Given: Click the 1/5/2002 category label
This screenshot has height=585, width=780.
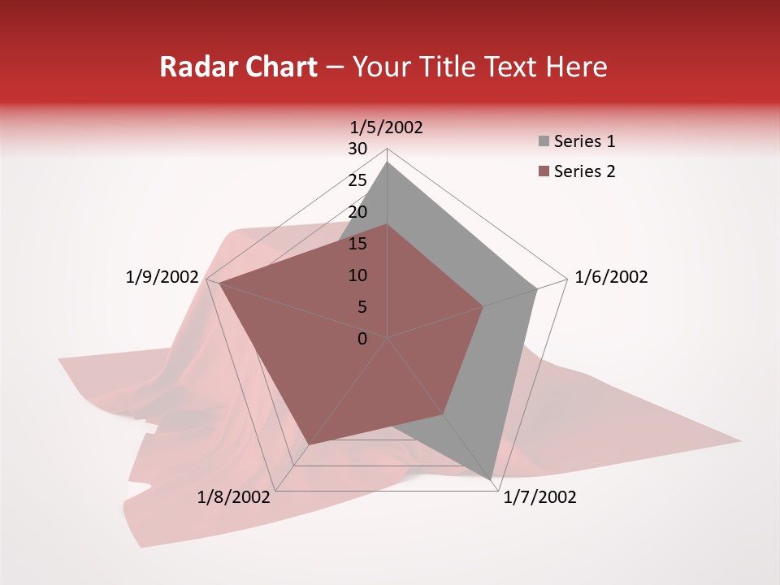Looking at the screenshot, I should click(387, 127).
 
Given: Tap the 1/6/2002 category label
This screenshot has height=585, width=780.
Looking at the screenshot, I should click(611, 277).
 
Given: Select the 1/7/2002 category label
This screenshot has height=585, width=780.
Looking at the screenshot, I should click(539, 497).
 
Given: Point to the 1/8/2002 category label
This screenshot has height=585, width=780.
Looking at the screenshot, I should click(234, 497).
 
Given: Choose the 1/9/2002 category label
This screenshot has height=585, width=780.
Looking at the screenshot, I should click(162, 277).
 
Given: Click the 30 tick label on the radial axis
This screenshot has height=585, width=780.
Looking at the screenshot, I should click(357, 149).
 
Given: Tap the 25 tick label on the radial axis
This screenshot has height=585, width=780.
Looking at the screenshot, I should click(357, 180).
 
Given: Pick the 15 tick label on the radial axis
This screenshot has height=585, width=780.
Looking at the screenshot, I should click(357, 244).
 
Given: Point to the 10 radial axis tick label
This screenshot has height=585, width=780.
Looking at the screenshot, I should click(357, 275).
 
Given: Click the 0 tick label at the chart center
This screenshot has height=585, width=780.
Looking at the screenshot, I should click(362, 339).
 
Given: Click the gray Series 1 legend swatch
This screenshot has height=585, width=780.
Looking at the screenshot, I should click(544, 142).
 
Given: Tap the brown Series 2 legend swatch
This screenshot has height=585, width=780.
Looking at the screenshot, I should click(544, 171).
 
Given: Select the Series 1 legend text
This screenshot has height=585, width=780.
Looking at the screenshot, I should click(584, 141).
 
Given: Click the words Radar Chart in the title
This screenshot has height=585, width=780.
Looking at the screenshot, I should click(238, 67).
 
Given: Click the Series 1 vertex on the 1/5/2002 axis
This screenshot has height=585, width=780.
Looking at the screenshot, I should click(388, 162).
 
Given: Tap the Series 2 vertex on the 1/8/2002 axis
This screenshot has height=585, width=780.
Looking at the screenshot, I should click(310, 444).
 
